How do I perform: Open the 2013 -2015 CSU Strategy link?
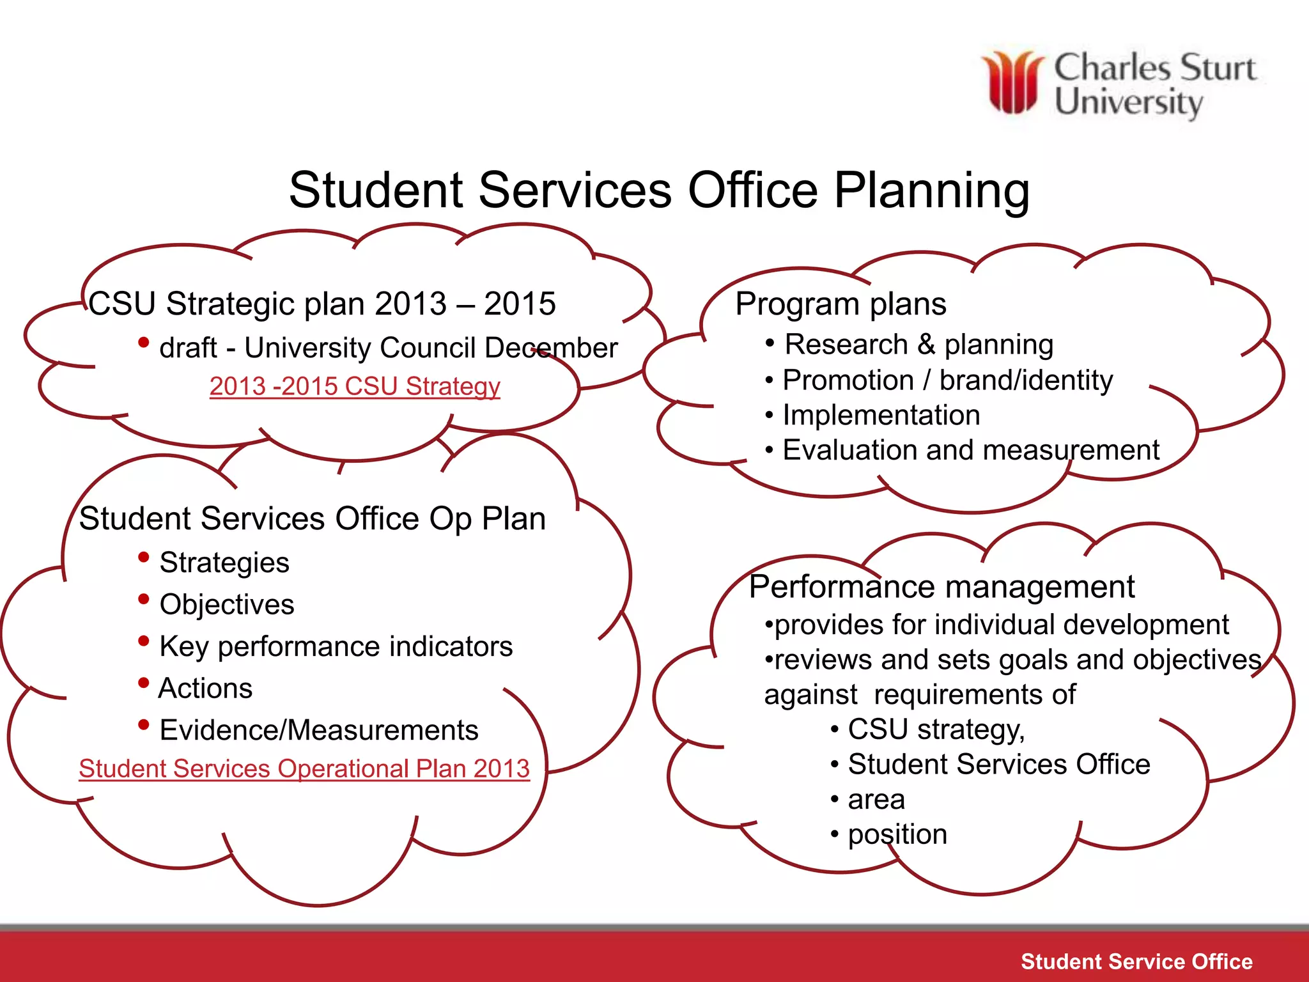(x=355, y=386)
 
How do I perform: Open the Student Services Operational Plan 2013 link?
(x=304, y=768)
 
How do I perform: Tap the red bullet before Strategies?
(x=144, y=557)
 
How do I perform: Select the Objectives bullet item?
(x=226, y=604)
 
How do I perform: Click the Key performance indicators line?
(x=336, y=646)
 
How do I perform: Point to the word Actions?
(x=205, y=689)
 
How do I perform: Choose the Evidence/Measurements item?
(x=318, y=730)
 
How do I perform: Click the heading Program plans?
(x=840, y=304)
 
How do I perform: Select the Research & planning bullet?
(x=918, y=345)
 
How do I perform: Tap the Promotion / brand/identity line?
(x=947, y=380)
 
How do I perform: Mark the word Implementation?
(x=881, y=416)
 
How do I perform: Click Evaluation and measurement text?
(x=970, y=450)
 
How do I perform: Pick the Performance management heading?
(x=941, y=587)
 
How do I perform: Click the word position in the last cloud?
(x=897, y=834)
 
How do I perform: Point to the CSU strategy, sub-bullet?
(x=936, y=729)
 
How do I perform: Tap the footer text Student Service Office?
(x=1136, y=962)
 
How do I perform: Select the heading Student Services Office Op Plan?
(x=312, y=518)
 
